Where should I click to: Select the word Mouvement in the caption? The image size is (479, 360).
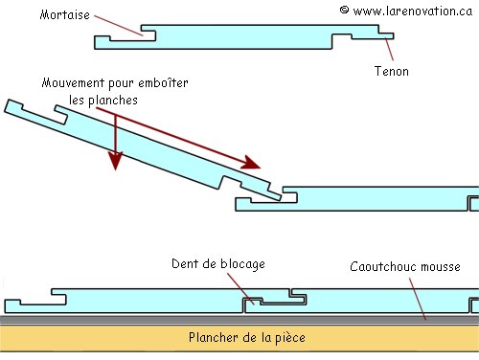coord(75,84)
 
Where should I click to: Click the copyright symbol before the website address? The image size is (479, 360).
coord(344,11)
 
